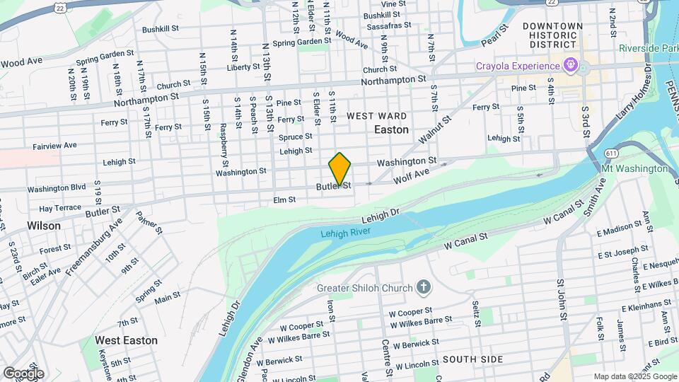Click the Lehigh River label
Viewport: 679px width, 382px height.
[346, 233]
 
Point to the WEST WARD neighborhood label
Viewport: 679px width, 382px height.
[376, 115]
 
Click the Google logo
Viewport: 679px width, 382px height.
[23, 373]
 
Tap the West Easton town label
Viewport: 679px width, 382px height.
[126, 340]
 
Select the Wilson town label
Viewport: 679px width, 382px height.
[44, 225]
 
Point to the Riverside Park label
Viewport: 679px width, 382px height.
[647, 48]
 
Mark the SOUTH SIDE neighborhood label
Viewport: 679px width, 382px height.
[472, 359]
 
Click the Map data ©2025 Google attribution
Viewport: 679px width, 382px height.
[634, 376]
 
